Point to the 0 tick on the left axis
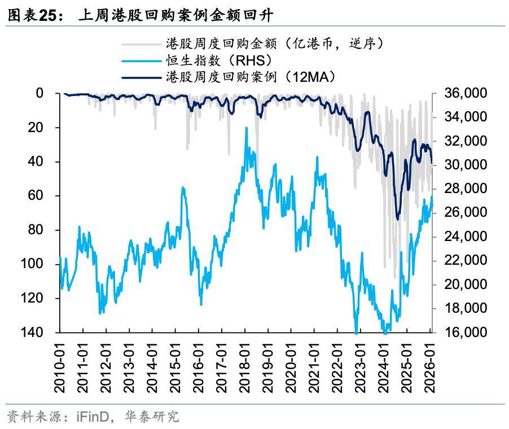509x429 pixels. coord(40,93)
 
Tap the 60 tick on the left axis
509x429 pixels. coord(36,195)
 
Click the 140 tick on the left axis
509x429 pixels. coord(33,332)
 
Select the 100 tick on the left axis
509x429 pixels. coord(33,264)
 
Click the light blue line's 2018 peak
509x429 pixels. coord(246,128)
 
